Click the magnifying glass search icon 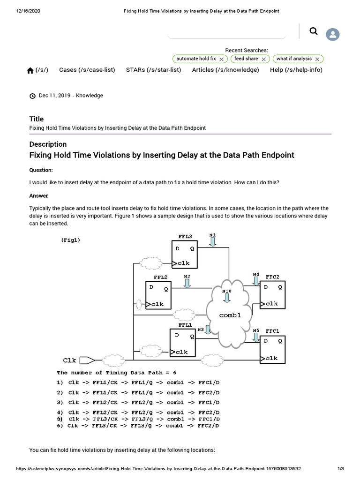click(314, 31)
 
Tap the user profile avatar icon click(333, 34)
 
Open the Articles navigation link click(225, 70)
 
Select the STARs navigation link click(153, 70)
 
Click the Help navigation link click(296, 70)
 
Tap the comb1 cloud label click(230, 315)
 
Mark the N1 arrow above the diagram click(213, 241)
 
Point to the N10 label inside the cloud click(226, 291)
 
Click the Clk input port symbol click(87, 360)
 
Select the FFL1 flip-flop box click(182, 343)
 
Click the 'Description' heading click(48, 144)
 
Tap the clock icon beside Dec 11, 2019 click(32, 96)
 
